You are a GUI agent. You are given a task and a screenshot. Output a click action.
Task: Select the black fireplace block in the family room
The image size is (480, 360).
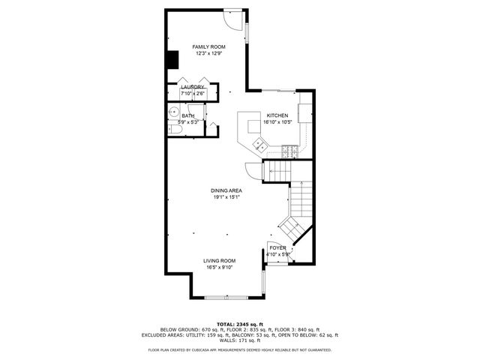(x=172, y=59)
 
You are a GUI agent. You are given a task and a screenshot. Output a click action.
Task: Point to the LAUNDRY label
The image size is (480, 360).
(x=193, y=88)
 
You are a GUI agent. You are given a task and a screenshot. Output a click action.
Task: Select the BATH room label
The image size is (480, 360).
(x=187, y=115)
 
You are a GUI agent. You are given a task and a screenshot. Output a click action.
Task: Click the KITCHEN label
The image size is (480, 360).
(x=277, y=115)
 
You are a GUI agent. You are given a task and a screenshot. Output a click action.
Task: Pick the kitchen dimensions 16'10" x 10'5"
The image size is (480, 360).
(x=277, y=122)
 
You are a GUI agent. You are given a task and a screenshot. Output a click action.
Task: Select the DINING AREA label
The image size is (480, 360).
(x=226, y=190)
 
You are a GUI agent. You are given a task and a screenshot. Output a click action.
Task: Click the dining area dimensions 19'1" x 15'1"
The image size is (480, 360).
(x=226, y=197)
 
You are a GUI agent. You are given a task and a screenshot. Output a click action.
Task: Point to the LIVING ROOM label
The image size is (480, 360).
(x=220, y=260)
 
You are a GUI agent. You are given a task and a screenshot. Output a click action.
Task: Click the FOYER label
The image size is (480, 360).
(x=278, y=247)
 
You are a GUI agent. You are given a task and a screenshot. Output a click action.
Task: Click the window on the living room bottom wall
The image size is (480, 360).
(x=226, y=298)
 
